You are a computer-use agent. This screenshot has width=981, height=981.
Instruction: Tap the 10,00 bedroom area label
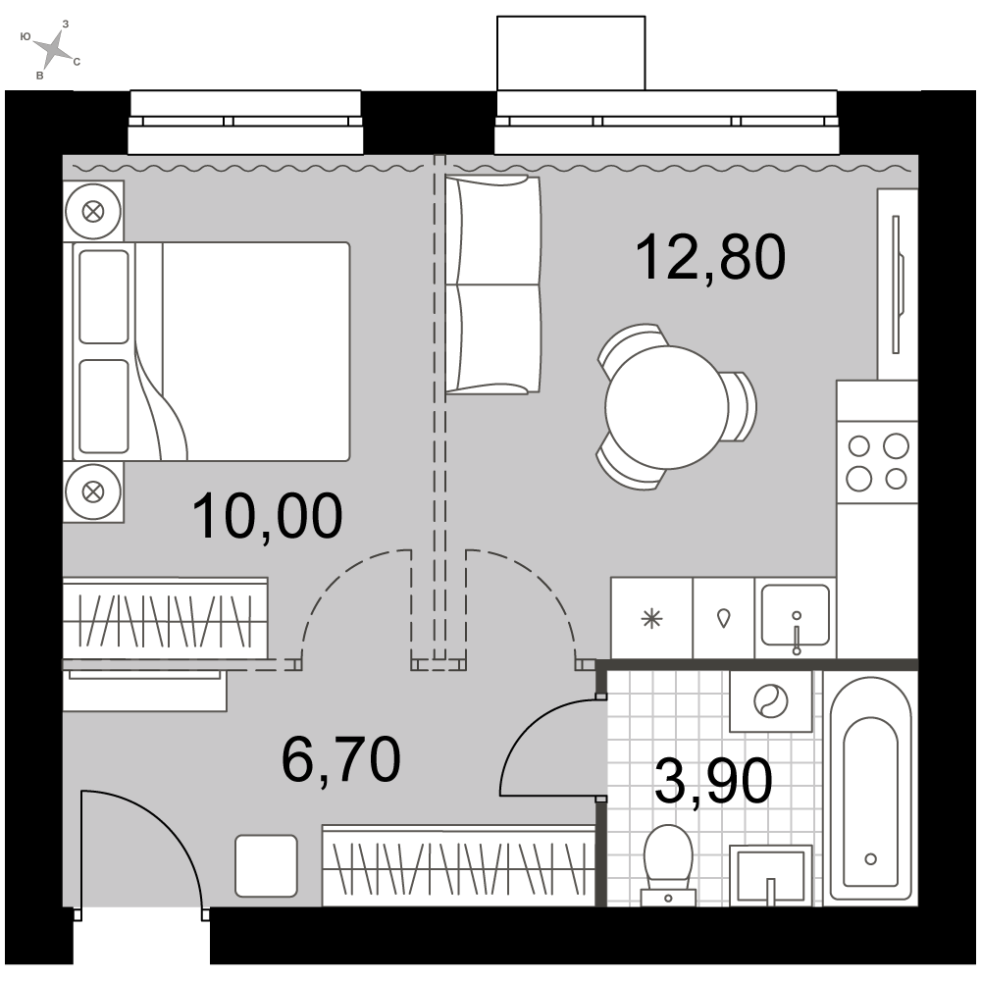click(x=268, y=516)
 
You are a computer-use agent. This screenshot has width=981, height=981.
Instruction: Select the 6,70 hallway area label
click(x=341, y=759)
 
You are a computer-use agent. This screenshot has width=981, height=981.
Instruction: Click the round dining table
click(x=667, y=407)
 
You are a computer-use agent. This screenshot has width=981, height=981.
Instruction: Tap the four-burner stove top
click(x=877, y=463)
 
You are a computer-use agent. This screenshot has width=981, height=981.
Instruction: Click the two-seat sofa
click(x=492, y=284)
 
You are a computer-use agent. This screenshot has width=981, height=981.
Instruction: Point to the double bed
click(x=211, y=351)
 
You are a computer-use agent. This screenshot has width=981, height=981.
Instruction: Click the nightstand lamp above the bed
click(x=93, y=212)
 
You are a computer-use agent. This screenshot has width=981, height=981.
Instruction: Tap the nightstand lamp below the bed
click(x=93, y=491)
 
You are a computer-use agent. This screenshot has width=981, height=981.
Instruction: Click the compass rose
click(x=55, y=49)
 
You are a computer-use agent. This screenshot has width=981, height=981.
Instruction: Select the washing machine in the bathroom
click(x=771, y=700)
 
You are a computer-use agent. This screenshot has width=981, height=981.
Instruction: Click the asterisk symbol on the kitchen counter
click(x=652, y=619)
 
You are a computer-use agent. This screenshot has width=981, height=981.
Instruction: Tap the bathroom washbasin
click(x=771, y=875)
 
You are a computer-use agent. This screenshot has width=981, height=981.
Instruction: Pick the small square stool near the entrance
click(x=266, y=865)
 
